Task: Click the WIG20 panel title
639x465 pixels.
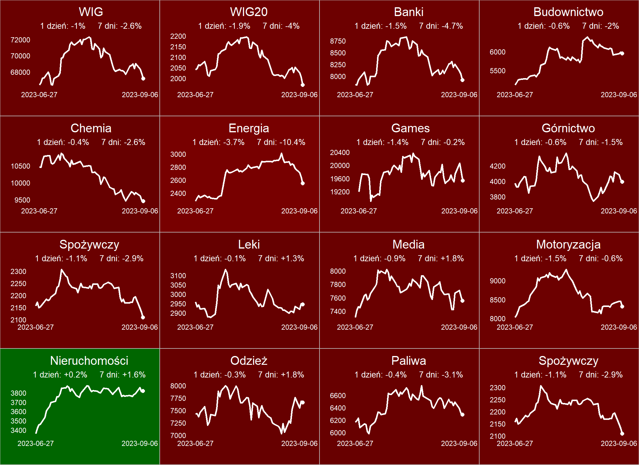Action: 249,12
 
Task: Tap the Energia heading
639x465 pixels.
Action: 249,128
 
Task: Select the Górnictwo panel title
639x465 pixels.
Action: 568,128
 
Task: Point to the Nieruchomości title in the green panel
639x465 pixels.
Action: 89,361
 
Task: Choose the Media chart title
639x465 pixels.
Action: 408,245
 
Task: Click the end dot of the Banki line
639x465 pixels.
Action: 462,80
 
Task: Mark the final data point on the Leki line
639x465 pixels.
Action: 303,305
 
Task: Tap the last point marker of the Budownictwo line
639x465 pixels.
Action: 622,53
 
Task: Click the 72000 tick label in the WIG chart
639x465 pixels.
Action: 20,40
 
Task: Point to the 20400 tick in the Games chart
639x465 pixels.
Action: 340,153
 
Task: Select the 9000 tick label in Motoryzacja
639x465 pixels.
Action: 497,281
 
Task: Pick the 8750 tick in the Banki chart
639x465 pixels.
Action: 338,41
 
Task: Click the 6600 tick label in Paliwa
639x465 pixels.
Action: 338,396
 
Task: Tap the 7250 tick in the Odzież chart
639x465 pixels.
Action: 178,423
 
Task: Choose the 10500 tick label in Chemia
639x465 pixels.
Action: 20,166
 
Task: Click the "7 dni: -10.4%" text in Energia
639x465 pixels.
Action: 281,142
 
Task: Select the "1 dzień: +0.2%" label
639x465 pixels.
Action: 60,375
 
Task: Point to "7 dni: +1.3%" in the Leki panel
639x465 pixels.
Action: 281,259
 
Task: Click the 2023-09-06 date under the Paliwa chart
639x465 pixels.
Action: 459,444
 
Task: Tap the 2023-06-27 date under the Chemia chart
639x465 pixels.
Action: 39,211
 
